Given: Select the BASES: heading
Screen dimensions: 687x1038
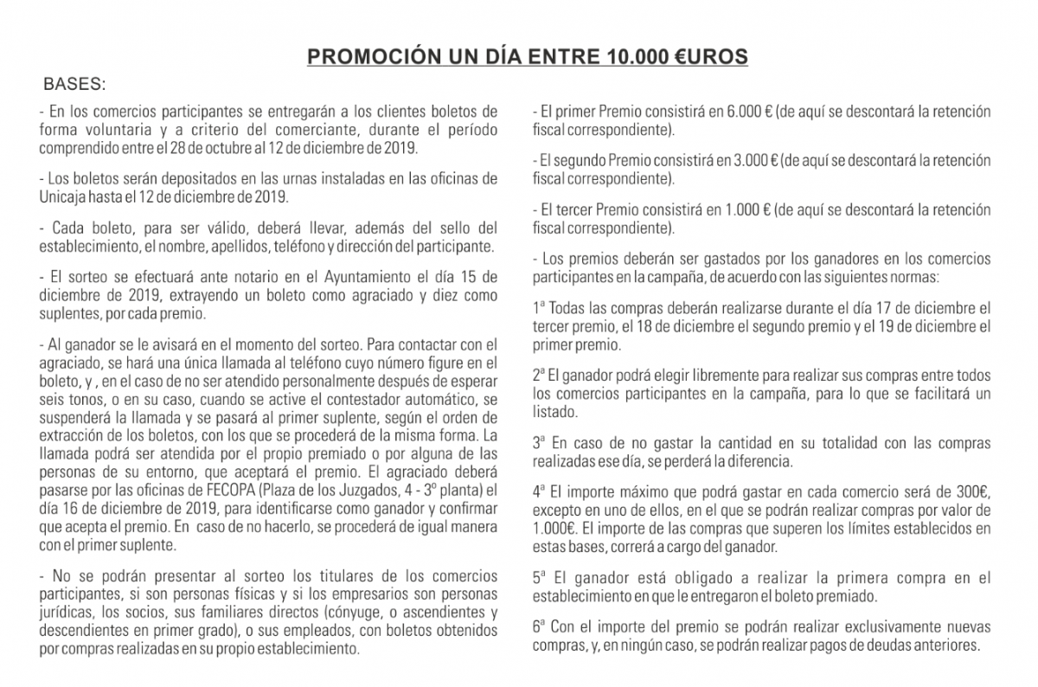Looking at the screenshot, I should click(x=74, y=86).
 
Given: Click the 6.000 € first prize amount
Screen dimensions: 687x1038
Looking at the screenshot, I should click(x=748, y=112).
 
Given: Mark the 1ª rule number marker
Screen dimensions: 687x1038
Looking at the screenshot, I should click(x=539, y=309).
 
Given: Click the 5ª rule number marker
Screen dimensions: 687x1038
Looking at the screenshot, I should click(x=539, y=579).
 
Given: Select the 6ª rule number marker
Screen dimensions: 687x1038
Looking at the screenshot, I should click(x=539, y=627).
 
